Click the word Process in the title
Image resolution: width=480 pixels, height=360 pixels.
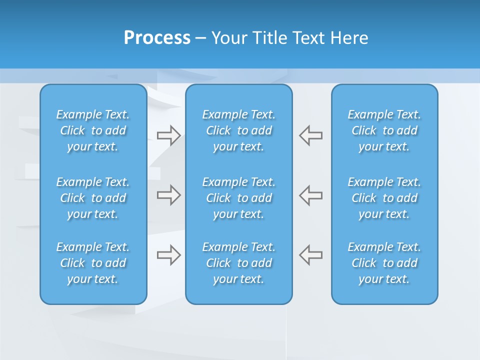(x=157, y=38)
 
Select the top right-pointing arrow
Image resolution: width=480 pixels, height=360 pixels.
(x=168, y=135)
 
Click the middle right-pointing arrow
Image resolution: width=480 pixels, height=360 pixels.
(x=168, y=194)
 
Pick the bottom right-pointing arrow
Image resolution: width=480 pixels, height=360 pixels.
(x=168, y=255)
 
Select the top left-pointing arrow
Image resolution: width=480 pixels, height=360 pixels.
(x=311, y=135)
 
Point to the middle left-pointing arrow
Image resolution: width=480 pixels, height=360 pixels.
(x=311, y=194)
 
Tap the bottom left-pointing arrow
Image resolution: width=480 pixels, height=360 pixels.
(x=311, y=255)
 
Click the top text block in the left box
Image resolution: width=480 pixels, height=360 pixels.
(x=93, y=130)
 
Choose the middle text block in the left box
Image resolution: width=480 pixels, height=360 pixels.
(x=93, y=198)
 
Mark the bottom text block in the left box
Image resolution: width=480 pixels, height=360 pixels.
(x=93, y=263)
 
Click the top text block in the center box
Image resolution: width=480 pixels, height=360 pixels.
(x=239, y=130)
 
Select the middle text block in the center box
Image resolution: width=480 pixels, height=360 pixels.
(x=239, y=198)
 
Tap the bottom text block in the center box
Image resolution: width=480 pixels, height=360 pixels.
(x=239, y=263)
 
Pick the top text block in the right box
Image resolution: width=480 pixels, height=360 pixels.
(x=384, y=130)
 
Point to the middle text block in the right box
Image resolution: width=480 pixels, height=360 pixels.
(x=384, y=198)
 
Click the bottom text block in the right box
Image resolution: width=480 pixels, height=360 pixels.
(x=384, y=263)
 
